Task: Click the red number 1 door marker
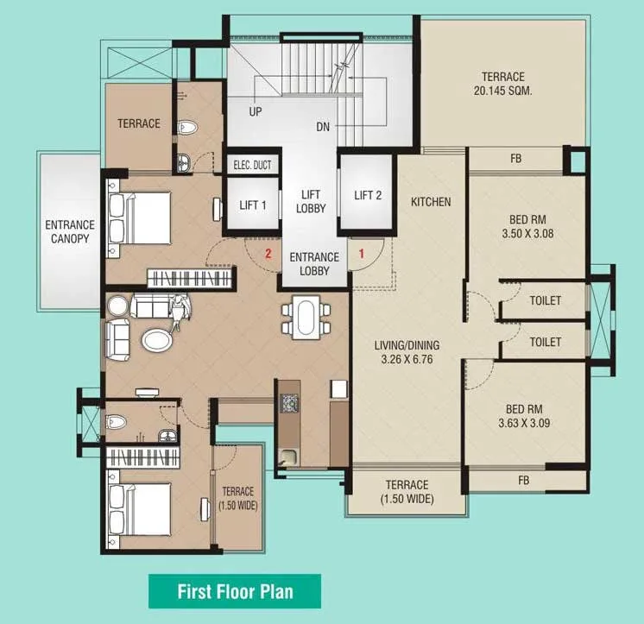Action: (x=362, y=254)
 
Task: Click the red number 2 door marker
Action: (x=268, y=254)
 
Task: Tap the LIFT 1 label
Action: (x=253, y=205)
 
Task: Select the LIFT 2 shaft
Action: (x=368, y=195)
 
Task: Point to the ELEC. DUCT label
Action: (x=252, y=165)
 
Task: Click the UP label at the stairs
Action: (x=255, y=111)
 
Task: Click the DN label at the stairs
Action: (x=323, y=127)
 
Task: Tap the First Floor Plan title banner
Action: (x=235, y=591)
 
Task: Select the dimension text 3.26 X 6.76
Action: (x=407, y=359)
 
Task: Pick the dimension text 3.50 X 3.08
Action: (x=527, y=234)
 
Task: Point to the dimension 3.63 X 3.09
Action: (x=524, y=423)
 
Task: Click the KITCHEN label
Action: (x=431, y=202)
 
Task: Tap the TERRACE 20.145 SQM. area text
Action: (x=502, y=84)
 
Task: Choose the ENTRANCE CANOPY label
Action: (x=70, y=231)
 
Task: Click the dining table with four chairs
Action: (x=306, y=318)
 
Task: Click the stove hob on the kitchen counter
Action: (x=289, y=403)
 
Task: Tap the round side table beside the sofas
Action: (x=118, y=306)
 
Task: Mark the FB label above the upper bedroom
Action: (x=516, y=159)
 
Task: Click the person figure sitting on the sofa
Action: (x=180, y=309)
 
